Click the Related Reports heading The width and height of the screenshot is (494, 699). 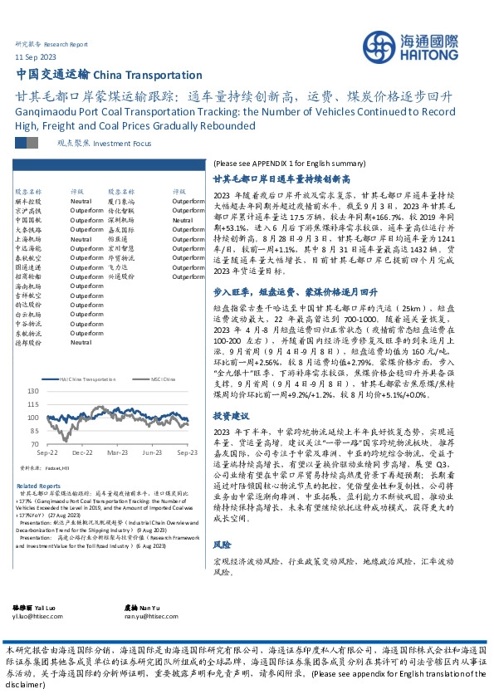(x=39, y=486)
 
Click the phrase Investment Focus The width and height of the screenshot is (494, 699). (x=111, y=143)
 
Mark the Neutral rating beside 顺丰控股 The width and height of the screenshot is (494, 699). (x=81, y=200)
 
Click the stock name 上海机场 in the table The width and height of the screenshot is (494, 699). (x=27, y=238)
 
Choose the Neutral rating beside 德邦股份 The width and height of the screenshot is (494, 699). (x=81, y=341)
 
